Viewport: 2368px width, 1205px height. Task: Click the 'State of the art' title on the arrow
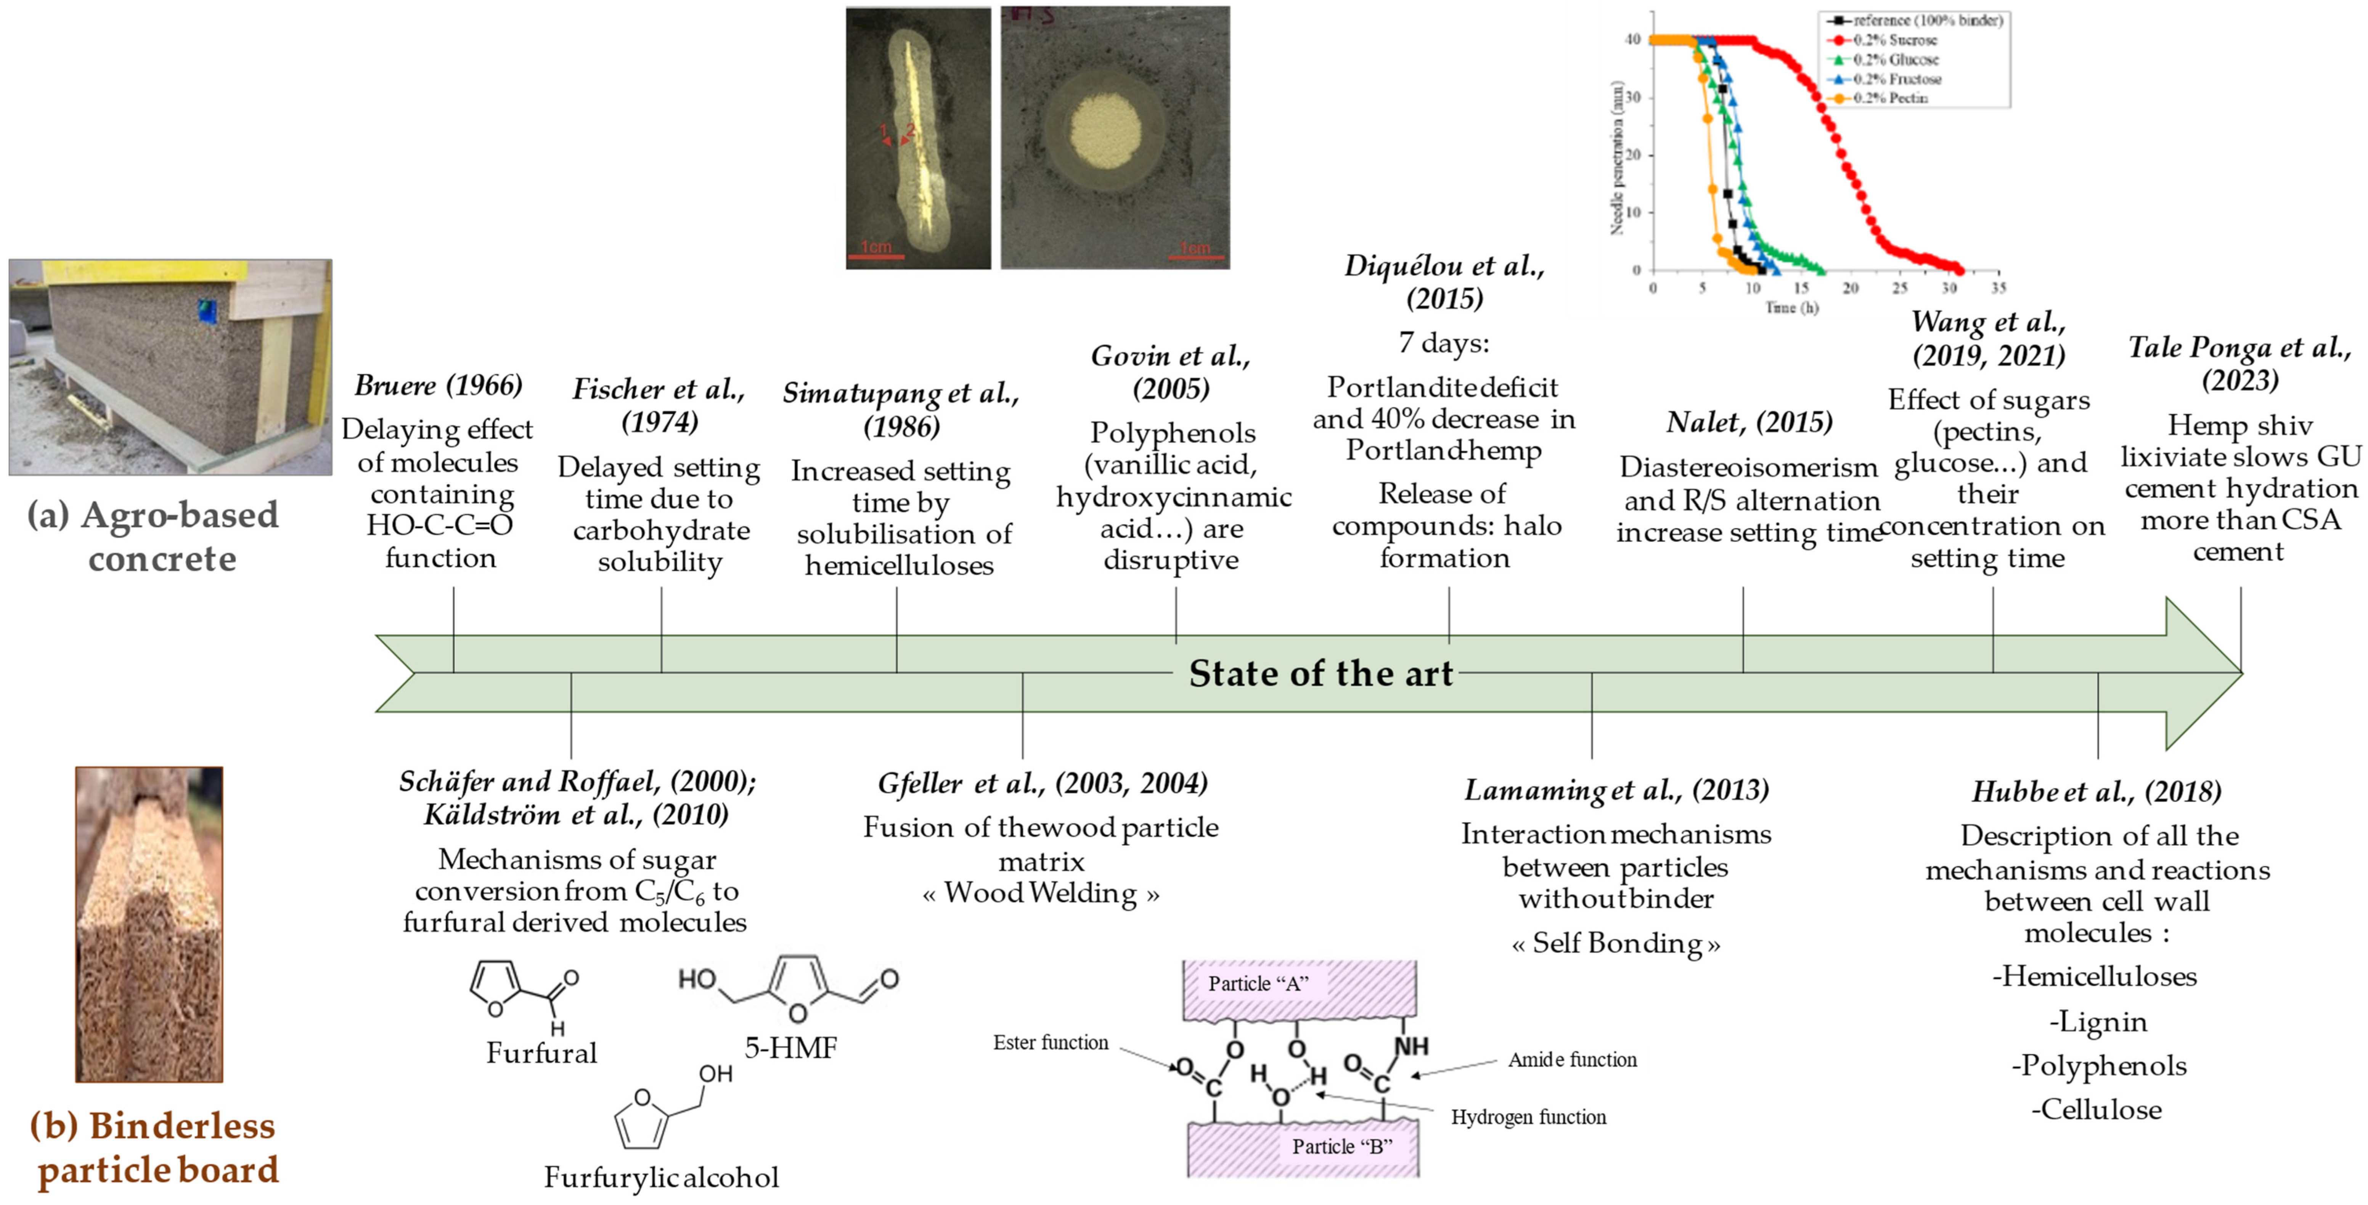click(x=1321, y=674)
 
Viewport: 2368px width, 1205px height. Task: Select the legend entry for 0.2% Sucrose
click(x=1894, y=40)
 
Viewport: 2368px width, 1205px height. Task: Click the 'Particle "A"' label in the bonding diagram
click(x=1258, y=983)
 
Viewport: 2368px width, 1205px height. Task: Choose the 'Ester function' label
click(x=1051, y=1042)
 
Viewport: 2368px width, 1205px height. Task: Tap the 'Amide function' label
click(x=1572, y=1060)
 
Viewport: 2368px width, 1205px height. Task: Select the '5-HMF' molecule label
click(x=790, y=1048)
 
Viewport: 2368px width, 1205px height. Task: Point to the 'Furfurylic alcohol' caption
click(x=661, y=1178)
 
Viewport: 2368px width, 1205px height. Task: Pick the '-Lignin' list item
click(x=2098, y=1022)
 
